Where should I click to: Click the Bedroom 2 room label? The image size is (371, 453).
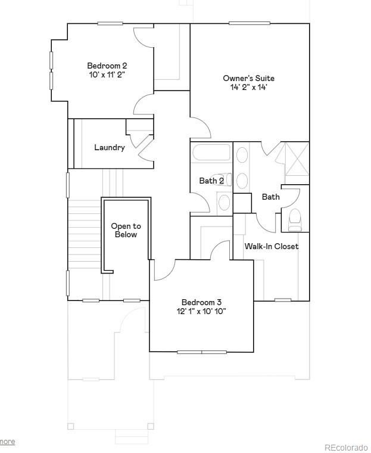coord(107,66)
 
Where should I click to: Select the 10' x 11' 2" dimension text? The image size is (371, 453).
coord(107,75)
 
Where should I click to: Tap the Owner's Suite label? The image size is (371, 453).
coord(249,78)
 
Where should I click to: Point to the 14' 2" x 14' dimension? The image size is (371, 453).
coord(249,88)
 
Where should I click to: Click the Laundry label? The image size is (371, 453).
coord(110,147)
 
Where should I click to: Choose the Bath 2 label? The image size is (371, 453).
coord(211,181)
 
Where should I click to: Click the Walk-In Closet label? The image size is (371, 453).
coord(272,246)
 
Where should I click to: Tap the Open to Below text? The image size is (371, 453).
coord(126,230)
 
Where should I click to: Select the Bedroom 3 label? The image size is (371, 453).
coord(201,302)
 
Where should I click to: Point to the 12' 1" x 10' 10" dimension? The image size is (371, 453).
coord(201,311)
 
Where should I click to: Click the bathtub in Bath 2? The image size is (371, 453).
coord(211,154)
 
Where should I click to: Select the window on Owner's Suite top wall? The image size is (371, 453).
coord(249,24)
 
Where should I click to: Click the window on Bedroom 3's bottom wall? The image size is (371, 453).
coord(201,352)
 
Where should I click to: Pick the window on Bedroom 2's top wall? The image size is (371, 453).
coord(110,24)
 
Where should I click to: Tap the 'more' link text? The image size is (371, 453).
coord(7,442)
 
